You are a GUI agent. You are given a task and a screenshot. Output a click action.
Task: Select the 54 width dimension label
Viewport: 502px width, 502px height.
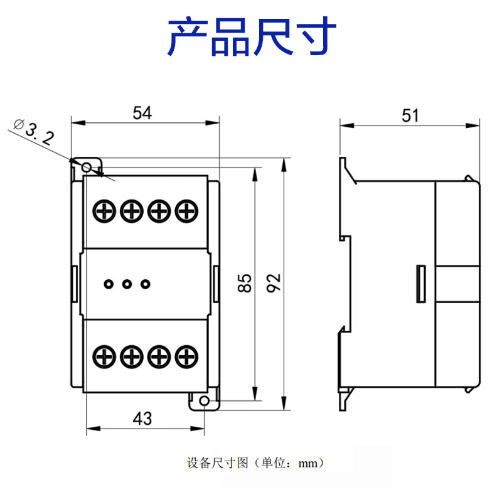[142, 113]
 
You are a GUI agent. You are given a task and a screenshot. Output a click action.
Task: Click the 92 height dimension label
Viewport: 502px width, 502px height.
[273, 283]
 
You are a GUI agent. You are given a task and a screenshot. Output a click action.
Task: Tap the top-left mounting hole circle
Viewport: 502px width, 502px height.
[87, 167]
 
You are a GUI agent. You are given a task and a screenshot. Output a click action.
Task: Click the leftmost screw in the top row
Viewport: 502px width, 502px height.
[104, 211]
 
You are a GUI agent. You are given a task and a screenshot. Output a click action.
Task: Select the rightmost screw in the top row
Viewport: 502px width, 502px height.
[185, 211]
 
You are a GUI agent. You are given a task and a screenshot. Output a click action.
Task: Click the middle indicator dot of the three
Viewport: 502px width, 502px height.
[127, 284]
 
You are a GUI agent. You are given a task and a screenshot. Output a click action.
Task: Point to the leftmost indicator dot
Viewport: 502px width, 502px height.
[108, 284]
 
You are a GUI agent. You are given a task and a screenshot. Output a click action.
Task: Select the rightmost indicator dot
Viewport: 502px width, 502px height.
[146, 284]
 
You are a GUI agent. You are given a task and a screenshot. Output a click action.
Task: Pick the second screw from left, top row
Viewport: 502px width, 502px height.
[131, 211]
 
